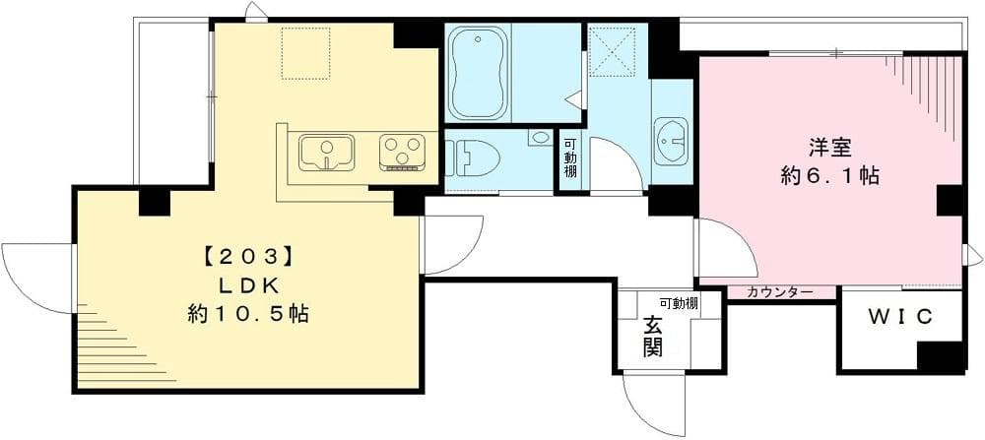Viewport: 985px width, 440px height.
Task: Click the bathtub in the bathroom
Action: point(478,72)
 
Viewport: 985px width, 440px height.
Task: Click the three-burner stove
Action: point(401,153)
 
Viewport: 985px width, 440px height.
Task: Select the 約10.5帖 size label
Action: point(249,315)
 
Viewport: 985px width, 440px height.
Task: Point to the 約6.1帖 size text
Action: point(829,177)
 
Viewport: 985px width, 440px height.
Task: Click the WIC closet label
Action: point(899,318)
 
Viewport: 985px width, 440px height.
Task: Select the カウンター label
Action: point(779,293)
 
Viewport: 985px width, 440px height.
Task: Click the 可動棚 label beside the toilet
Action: point(570,158)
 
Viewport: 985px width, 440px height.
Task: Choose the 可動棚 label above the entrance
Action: point(678,303)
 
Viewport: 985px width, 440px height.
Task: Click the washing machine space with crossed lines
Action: point(612,50)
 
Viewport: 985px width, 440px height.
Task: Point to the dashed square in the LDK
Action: point(310,52)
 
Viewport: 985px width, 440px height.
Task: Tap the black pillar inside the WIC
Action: point(940,355)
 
